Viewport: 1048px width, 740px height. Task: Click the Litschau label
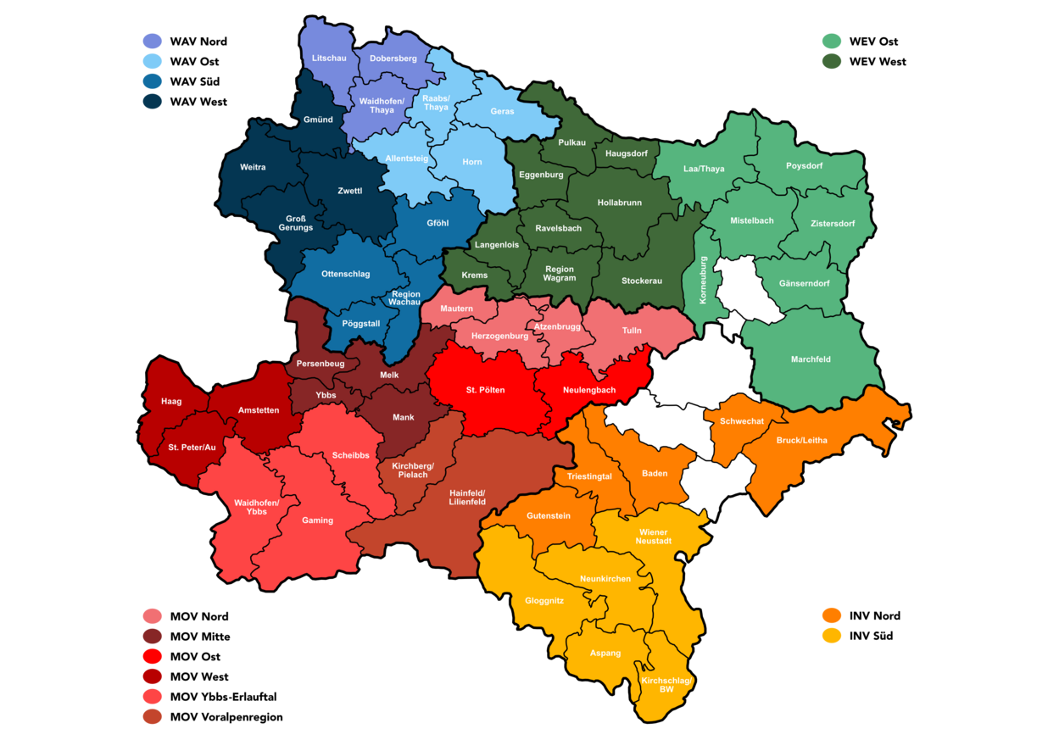click(329, 58)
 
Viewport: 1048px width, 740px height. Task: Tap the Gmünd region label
click(318, 120)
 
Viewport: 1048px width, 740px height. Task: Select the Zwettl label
click(349, 191)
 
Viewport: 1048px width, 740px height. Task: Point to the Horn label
click(472, 162)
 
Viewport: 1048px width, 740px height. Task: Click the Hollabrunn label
click(619, 203)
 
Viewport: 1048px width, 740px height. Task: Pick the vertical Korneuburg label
click(702, 281)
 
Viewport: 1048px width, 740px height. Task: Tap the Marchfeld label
click(811, 359)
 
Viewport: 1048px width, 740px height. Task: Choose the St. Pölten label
click(485, 390)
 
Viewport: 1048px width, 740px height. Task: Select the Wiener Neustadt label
click(653, 537)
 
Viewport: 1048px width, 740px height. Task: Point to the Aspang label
click(605, 653)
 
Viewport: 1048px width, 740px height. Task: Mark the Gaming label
click(318, 520)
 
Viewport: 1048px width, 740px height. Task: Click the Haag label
click(171, 401)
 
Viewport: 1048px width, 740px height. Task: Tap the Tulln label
click(632, 331)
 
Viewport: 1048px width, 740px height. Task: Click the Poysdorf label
click(804, 165)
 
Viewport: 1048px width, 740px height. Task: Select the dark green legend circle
click(831, 62)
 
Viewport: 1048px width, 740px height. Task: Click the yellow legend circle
click(831, 636)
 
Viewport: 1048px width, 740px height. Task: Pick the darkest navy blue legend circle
click(153, 102)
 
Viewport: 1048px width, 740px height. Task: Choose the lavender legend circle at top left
click(153, 41)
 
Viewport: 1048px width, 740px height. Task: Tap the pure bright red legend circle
click(153, 656)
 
